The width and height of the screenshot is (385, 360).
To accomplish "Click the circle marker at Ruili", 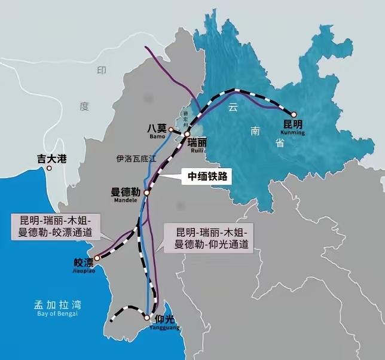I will click(187, 134).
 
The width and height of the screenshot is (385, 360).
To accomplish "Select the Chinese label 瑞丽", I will click(198, 143).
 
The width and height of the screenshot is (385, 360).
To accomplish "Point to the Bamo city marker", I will click(170, 129).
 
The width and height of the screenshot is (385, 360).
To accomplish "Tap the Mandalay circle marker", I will click(147, 193).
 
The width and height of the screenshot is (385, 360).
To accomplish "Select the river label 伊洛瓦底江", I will click(136, 159).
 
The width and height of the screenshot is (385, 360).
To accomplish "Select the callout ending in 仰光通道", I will click(207, 238).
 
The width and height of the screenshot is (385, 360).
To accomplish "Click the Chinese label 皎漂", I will click(84, 262).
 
